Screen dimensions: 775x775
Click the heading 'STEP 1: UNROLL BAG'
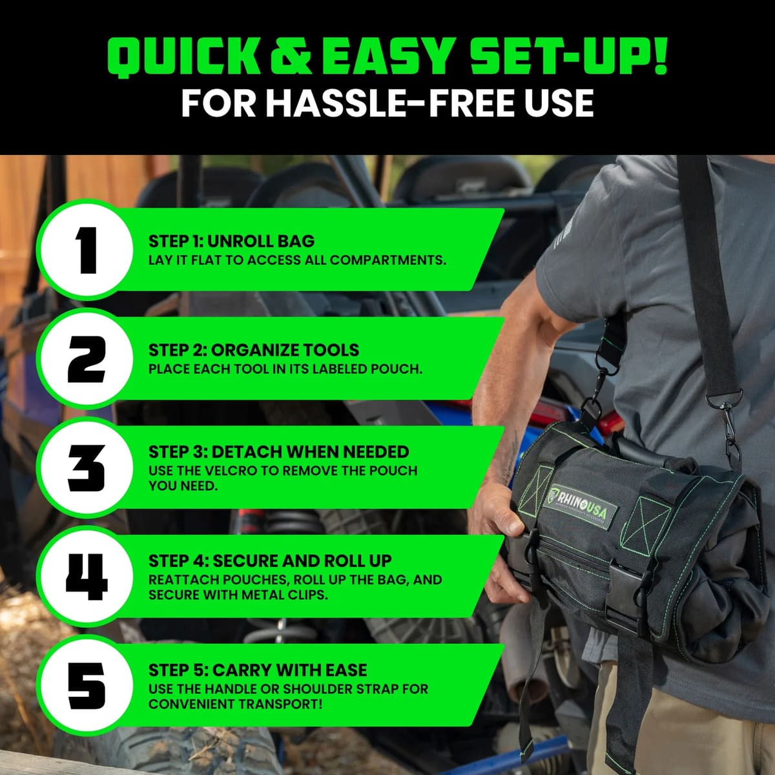(x=231, y=242)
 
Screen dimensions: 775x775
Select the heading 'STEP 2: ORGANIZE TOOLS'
(x=253, y=350)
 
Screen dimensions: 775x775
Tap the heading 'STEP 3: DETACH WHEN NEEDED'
(x=278, y=451)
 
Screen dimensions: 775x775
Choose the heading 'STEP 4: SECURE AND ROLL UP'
(x=270, y=561)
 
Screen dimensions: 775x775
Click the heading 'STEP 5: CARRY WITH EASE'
(x=258, y=670)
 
